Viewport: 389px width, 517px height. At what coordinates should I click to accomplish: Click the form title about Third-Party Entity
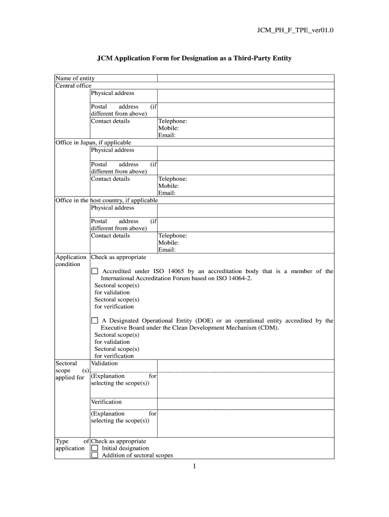coord(194,59)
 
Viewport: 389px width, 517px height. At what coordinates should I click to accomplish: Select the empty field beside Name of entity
coord(246,78)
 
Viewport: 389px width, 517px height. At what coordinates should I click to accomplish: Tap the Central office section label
coord(73,85)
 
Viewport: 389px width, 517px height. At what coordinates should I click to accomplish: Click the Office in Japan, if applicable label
coord(93,142)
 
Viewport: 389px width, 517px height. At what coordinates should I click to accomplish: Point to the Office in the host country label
coord(107,200)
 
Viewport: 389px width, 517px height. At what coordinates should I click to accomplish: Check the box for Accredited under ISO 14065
coord(94,272)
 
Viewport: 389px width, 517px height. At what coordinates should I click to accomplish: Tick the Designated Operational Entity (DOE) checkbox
coord(94,321)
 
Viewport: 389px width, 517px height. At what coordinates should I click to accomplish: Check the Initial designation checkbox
coord(94,448)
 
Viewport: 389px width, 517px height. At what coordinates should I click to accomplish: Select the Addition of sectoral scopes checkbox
coord(94,455)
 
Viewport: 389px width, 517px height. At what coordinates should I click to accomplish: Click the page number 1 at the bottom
coord(194,467)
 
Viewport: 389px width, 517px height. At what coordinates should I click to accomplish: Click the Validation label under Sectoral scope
coord(104,364)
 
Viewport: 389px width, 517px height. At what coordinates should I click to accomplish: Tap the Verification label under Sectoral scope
coord(106,402)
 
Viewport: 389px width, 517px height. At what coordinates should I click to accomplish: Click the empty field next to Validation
coord(246,365)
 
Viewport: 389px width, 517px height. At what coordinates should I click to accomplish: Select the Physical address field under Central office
coord(246,95)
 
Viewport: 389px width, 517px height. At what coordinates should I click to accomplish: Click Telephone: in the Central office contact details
coord(173,121)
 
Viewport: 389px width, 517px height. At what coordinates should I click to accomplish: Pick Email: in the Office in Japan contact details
coord(167,193)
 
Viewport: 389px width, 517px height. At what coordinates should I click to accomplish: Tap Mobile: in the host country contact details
coord(168,243)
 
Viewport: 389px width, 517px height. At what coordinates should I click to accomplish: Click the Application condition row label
coord(71,261)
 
